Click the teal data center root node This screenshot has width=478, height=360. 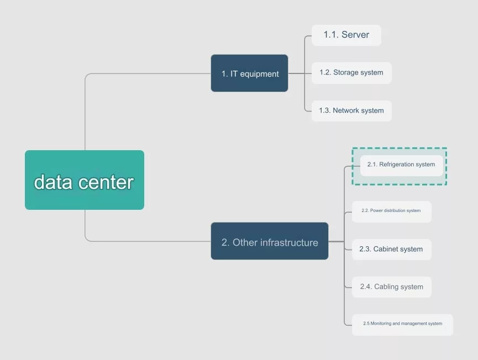point(84,180)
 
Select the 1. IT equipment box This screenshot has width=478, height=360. point(249,73)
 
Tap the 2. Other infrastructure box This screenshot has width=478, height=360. point(270,241)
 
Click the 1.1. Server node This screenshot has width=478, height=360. point(346,35)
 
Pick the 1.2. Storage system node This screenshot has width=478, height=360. point(351,73)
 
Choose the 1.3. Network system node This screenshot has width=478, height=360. point(351,111)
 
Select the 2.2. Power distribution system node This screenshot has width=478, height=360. point(391,211)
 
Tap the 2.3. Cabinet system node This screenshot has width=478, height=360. point(391,250)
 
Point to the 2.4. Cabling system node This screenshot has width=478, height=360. point(391,287)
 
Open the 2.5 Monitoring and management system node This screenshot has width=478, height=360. point(402,324)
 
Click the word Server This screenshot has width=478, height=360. point(355,35)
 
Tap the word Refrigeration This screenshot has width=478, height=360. point(396,165)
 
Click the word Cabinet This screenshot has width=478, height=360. point(386,250)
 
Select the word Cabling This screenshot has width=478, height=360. point(387,287)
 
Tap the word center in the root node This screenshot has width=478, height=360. point(107,182)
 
